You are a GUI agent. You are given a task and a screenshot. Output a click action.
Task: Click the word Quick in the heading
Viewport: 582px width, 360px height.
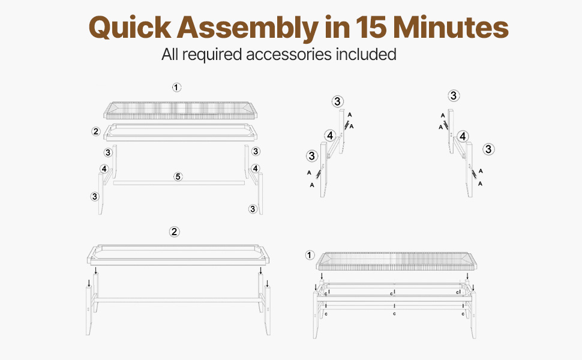point(130,28)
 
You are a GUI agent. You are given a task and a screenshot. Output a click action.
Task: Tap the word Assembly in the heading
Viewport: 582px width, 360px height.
point(248,28)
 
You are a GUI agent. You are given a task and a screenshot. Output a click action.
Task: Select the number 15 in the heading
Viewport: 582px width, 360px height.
point(371,27)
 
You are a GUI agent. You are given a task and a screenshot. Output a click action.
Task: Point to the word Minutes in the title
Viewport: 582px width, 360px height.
point(451,27)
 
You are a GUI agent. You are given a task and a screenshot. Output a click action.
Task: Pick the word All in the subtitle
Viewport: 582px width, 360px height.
point(170,54)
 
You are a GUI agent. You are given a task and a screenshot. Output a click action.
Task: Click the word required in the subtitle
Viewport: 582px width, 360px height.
point(212,55)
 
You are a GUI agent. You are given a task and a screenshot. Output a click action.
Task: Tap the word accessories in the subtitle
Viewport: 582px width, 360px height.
point(289,54)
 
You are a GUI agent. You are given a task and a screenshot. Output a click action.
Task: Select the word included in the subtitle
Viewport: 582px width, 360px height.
point(366,54)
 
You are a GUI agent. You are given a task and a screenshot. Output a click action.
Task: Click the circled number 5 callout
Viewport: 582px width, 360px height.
point(178,176)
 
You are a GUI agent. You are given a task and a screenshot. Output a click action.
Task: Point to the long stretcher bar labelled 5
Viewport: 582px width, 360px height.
point(179,183)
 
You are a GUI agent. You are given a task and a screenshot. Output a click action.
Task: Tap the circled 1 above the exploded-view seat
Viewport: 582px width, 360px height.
point(176,88)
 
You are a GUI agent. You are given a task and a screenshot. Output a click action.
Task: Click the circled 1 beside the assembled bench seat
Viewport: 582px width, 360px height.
point(310,256)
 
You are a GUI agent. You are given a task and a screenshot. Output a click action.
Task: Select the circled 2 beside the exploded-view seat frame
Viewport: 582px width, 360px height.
point(96,131)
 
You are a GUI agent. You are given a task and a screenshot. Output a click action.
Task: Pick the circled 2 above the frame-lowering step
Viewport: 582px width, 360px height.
point(175,232)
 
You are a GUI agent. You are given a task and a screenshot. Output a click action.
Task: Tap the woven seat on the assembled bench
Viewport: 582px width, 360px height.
point(397,261)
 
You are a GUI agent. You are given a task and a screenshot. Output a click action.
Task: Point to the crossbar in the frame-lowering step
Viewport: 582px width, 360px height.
point(179,299)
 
